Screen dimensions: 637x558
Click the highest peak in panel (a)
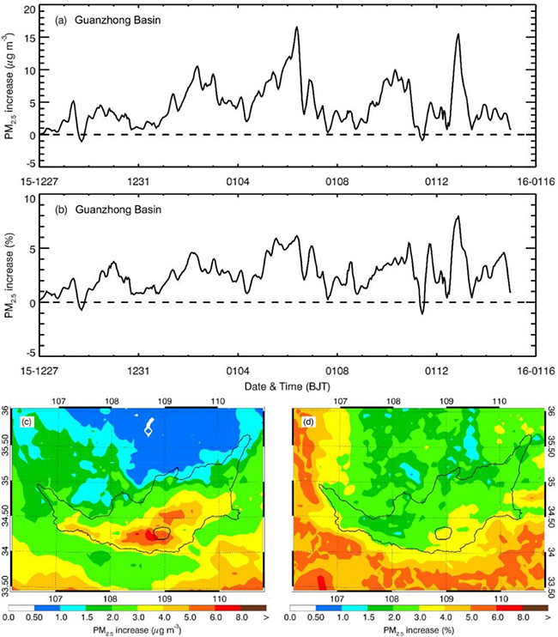point(296,27)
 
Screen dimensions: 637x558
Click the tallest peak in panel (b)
point(458,217)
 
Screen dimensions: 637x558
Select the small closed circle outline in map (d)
point(443,532)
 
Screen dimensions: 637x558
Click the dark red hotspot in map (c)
point(153,534)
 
